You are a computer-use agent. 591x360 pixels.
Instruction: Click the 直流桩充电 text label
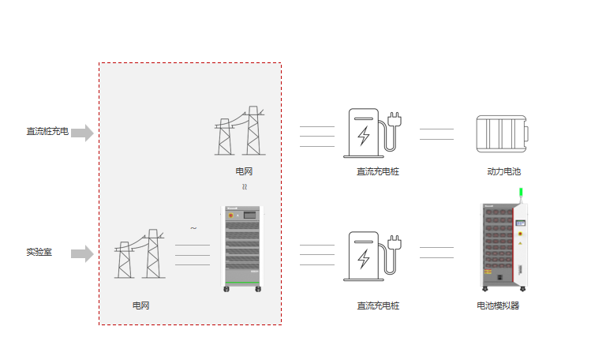tap(47, 132)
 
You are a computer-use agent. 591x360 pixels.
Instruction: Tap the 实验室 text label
tap(39, 253)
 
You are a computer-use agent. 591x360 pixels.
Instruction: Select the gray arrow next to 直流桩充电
tap(82, 133)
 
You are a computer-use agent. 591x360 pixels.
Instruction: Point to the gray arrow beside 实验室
tap(82, 253)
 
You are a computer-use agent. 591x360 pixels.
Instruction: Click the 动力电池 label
tap(503, 171)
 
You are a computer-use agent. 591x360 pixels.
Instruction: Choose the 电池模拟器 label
tap(498, 306)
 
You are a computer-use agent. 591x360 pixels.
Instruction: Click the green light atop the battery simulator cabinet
tap(520, 192)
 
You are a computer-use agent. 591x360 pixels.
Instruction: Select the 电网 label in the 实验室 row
tap(140, 305)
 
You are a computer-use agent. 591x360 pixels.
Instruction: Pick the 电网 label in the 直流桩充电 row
tap(244, 171)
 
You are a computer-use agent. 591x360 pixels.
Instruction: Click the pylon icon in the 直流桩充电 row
tap(240, 131)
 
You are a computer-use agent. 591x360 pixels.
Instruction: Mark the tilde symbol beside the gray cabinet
tap(193, 229)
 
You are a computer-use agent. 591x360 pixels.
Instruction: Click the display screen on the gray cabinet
tap(250, 214)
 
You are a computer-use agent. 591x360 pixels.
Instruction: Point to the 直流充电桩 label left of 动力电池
tap(377, 171)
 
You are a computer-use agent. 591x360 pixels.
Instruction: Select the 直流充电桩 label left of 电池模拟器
tap(377, 306)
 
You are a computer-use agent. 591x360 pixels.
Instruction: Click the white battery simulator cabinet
tap(502, 246)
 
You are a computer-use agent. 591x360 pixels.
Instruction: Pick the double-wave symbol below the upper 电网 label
tap(244, 188)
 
